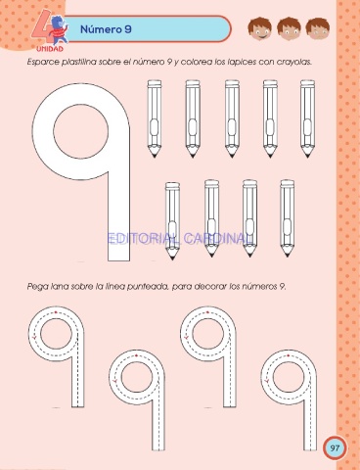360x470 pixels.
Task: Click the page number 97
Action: coord(335,447)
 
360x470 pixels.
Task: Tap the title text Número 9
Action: coord(106,29)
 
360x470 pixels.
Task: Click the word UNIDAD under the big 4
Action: coord(50,49)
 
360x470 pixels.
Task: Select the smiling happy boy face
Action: coord(260,28)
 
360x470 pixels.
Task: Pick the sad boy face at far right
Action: coord(317,28)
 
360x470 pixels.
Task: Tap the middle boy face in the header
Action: coord(289,28)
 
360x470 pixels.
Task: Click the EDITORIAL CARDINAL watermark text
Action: coord(180,239)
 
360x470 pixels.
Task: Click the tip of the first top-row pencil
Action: coord(155,157)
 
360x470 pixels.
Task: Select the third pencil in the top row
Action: coord(232,118)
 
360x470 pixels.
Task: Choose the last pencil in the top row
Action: coord(307,118)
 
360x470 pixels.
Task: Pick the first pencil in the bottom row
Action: coord(172,221)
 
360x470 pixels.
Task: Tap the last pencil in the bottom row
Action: coord(287,218)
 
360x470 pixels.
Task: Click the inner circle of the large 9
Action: coord(80,131)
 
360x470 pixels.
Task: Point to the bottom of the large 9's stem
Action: coord(119,260)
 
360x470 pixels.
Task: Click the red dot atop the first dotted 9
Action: coord(56,312)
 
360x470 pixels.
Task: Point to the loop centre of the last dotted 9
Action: coord(289,377)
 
